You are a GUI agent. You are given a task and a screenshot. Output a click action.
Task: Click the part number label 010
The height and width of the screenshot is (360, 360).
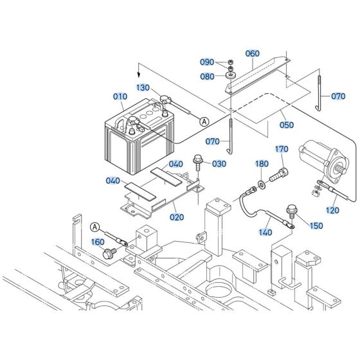click(120, 97)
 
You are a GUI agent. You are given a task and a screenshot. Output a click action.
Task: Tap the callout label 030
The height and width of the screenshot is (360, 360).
click(219, 164)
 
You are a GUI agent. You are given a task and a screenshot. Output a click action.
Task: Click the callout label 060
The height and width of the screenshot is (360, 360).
click(253, 53)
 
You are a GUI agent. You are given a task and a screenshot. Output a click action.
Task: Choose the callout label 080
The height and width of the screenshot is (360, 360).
click(207, 76)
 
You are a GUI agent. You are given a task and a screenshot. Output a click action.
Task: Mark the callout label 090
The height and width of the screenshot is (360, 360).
click(207, 62)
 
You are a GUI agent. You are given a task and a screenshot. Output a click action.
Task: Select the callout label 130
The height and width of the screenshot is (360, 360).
click(143, 87)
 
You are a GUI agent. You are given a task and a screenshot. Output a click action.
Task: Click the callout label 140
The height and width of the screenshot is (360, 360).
click(265, 231)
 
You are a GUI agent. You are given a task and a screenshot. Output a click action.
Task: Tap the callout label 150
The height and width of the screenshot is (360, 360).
click(317, 226)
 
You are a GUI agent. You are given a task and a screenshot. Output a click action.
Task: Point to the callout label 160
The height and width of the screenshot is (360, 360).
click(98, 242)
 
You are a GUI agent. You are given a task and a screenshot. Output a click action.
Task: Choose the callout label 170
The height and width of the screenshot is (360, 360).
click(282, 150)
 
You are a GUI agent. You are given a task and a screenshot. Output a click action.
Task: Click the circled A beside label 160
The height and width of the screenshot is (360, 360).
click(95, 226)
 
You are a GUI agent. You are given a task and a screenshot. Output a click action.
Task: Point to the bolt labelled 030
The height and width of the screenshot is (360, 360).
click(198, 161)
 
